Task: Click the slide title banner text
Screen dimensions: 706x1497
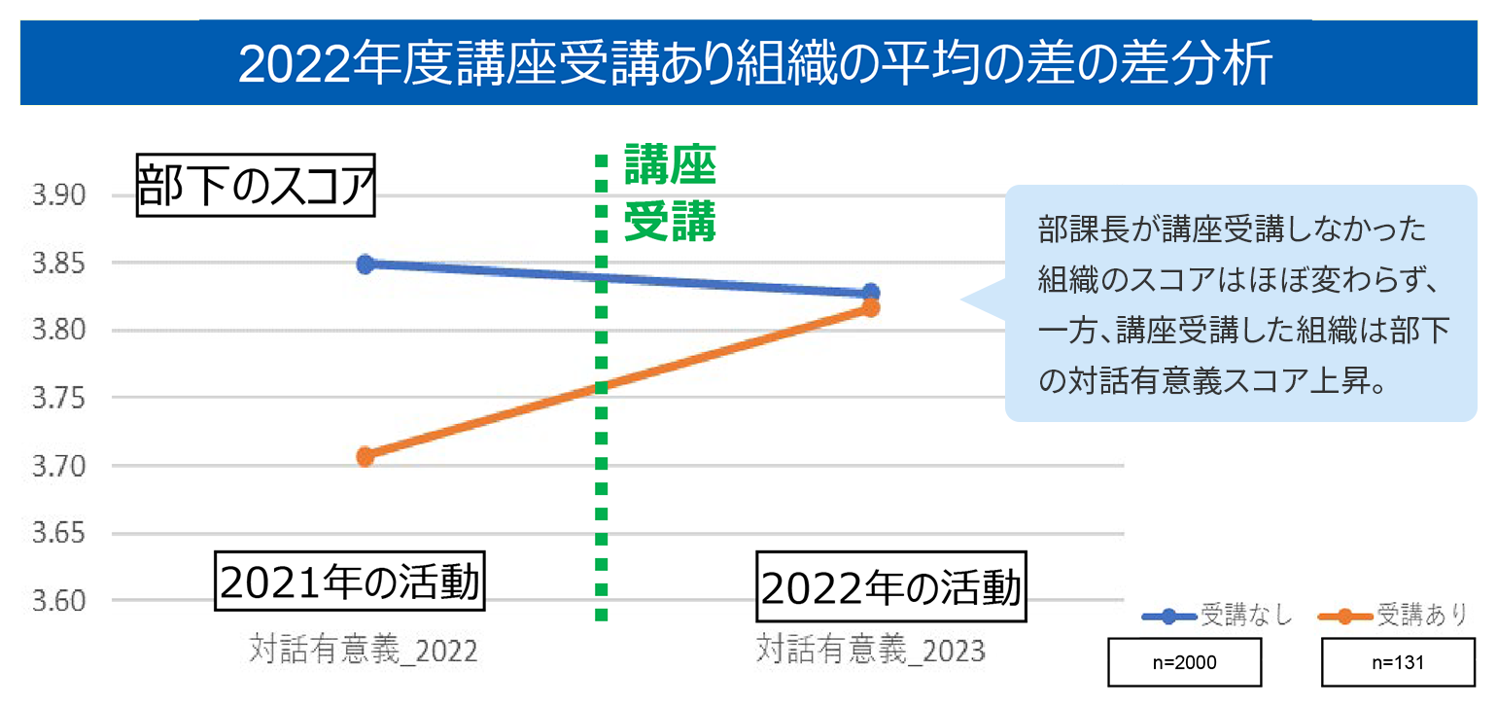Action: (754, 65)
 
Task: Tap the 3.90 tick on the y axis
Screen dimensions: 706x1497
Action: (59, 196)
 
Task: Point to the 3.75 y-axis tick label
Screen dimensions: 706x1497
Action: (59, 400)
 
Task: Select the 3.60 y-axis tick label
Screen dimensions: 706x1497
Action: (59, 602)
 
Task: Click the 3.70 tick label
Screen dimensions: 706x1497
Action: (59, 467)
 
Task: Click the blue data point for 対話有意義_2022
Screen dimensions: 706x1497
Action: (366, 265)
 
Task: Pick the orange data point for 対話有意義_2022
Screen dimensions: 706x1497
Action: (366, 456)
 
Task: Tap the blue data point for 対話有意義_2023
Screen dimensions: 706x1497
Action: (870, 293)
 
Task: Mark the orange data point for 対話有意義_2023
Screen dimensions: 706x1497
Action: (870, 308)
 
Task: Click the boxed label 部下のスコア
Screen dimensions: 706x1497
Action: (256, 186)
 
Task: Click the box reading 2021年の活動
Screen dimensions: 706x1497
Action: (349, 583)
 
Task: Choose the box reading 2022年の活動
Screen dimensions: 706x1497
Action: (890, 588)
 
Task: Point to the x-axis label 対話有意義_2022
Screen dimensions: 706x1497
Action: (364, 649)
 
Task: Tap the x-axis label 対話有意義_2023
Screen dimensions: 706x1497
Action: (870, 649)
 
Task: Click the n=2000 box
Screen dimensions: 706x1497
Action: (1185, 662)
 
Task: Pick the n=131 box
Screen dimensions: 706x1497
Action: (1397, 662)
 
